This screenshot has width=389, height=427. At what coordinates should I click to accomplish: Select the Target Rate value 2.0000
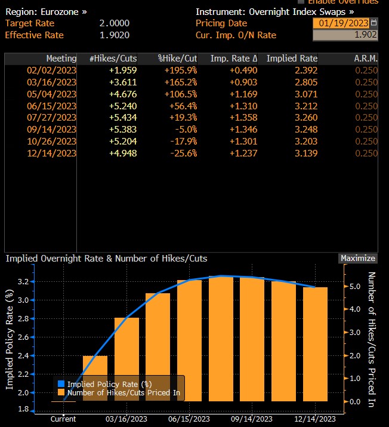[115, 23]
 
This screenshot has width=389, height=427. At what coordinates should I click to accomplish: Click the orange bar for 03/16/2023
[126, 358]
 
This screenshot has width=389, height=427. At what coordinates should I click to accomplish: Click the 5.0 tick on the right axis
[356, 287]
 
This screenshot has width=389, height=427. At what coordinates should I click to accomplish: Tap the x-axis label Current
[63, 419]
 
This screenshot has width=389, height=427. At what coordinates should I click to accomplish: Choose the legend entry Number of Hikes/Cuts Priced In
[123, 392]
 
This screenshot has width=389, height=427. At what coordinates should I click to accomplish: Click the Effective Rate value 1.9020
[115, 35]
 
